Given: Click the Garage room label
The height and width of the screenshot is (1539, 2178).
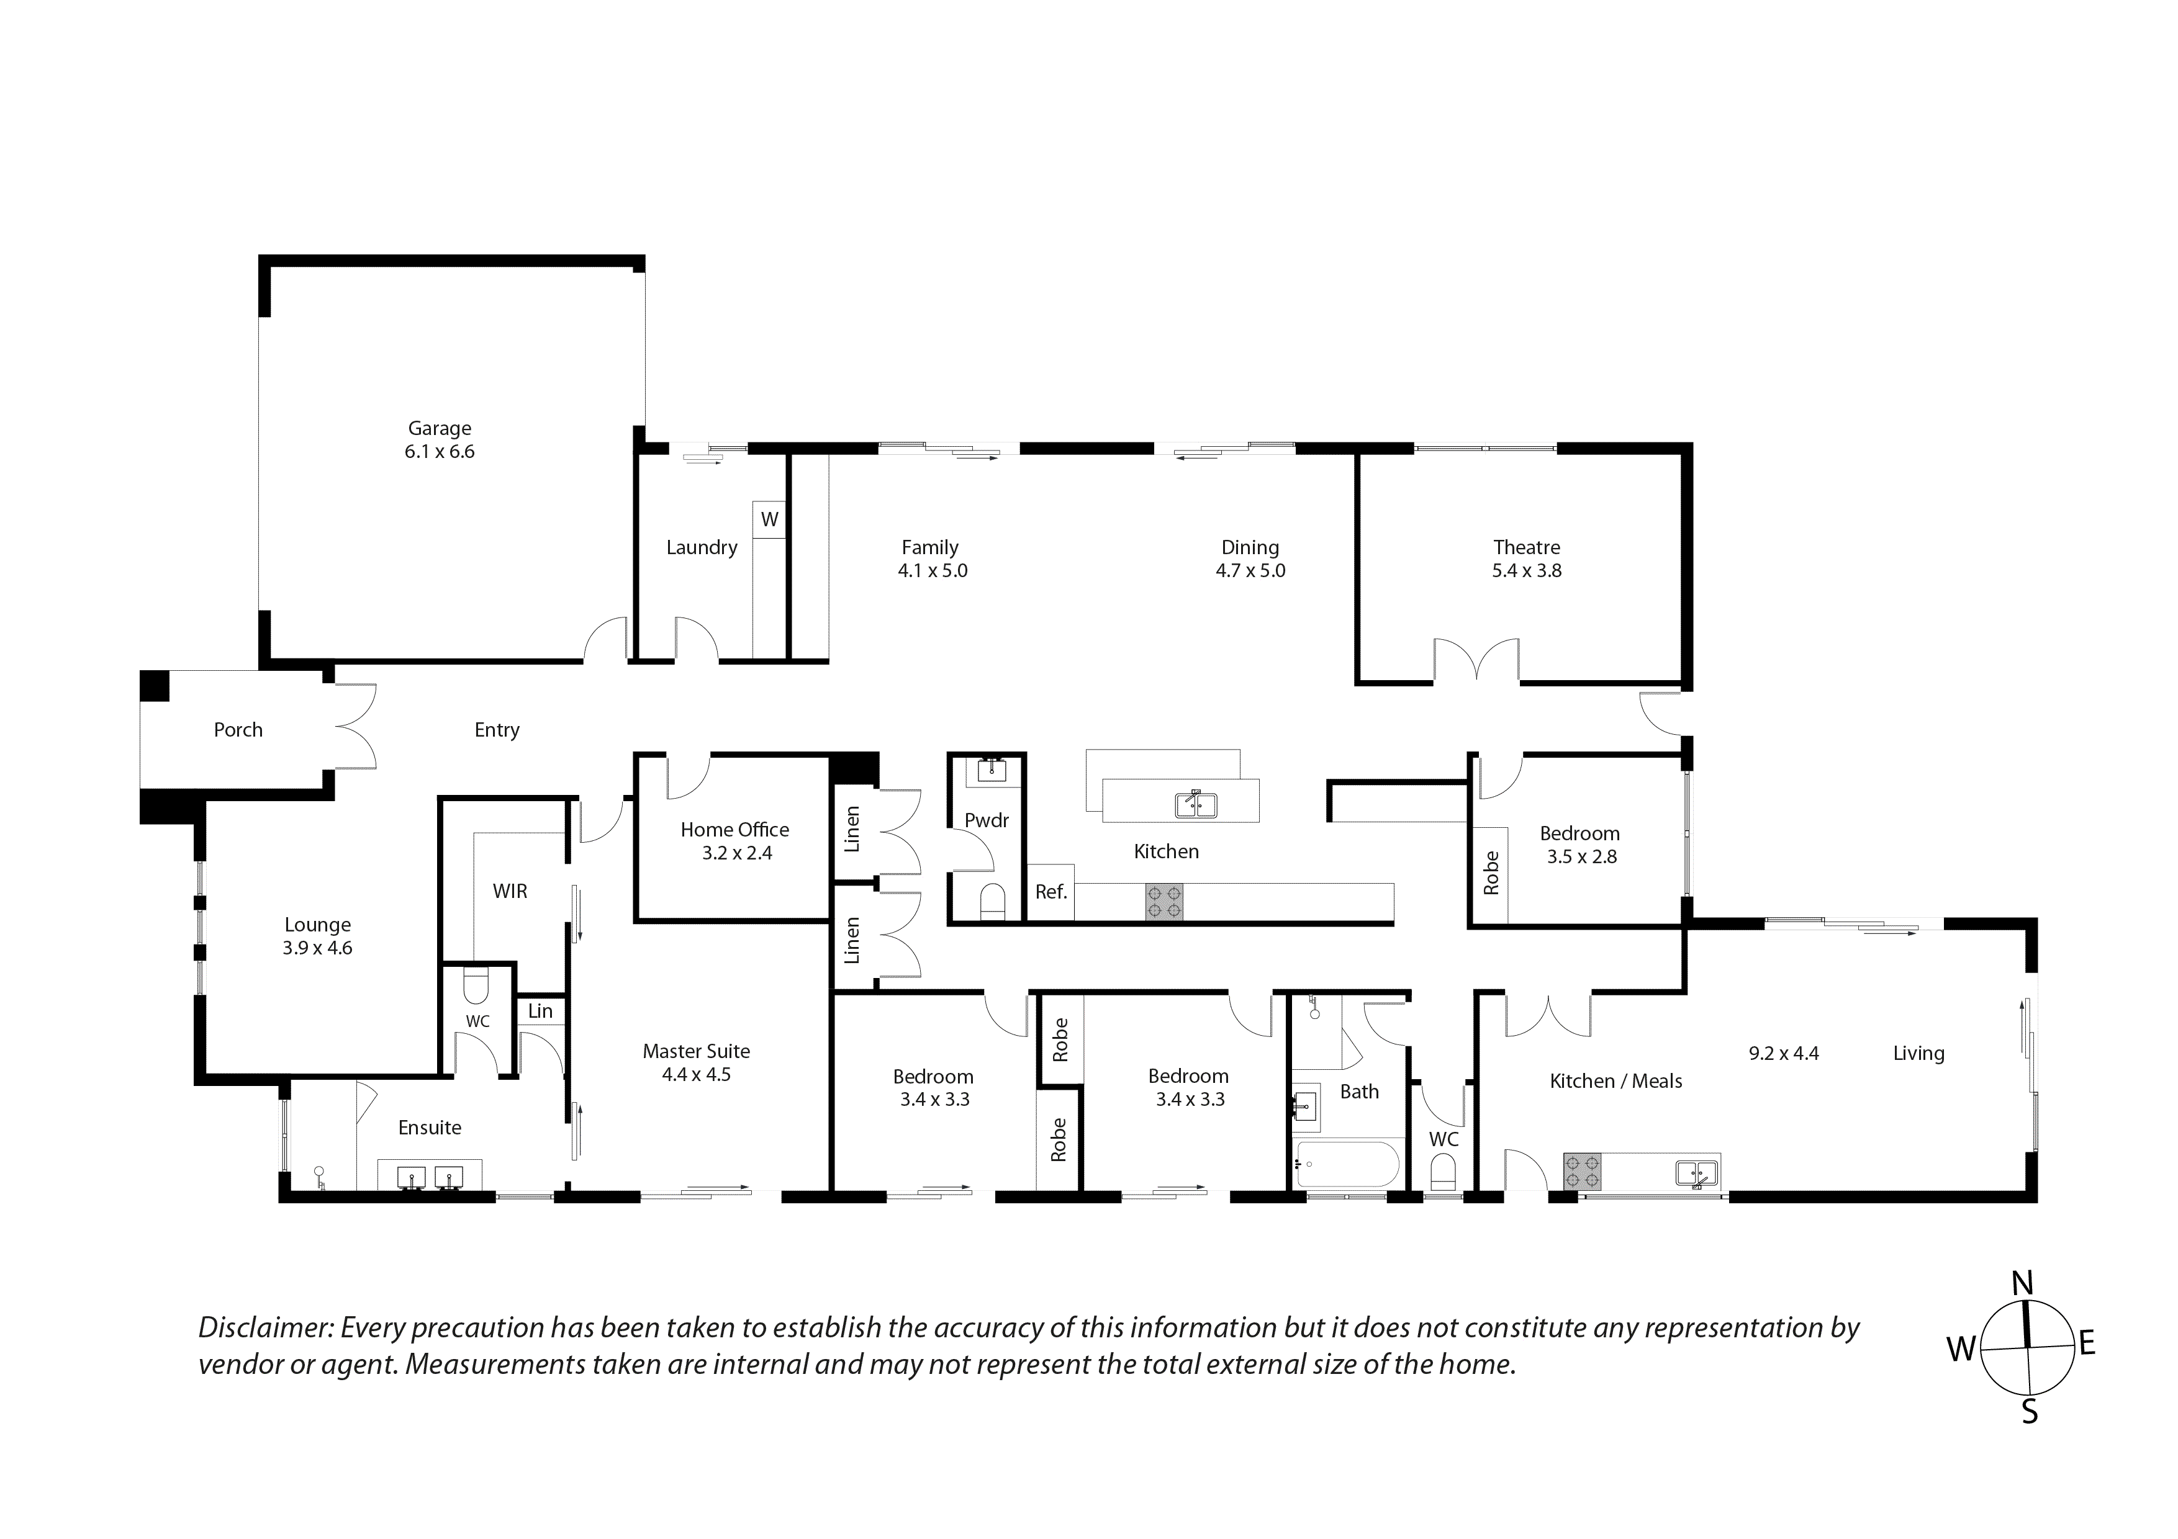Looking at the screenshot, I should pyautogui.click(x=439, y=429).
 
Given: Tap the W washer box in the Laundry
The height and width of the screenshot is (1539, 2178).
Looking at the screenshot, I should pyautogui.click(x=769, y=519).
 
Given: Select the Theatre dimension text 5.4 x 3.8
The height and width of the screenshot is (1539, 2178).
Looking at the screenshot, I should pyautogui.click(x=1526, y=571).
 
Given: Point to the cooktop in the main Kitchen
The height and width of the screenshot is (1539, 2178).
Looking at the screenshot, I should pyautogui.click(x=1164, y=902).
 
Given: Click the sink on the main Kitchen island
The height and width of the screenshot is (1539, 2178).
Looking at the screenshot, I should pyautogui.click(x=1196, y=805).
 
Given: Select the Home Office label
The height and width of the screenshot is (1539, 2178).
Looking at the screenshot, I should pyautogui.click(x=734, y=830).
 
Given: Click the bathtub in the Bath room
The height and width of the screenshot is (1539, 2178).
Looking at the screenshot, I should pyautogui.click(x=1347, y=1164).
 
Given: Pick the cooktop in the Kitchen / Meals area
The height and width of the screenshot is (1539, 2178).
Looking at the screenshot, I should pyautogui.click(x=1581, y=1171).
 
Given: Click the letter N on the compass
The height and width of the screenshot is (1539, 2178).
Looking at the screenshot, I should pyautogui.click(x=2022, y=1284).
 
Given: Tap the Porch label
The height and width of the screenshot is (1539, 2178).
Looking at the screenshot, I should pyautogui.click(x=238, y=730).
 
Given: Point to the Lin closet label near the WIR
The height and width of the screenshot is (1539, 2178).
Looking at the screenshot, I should pyautogui.click(x=540, y=1011).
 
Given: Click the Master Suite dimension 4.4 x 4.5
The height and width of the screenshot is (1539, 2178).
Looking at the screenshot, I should pyautogui.click(x=696, y=1074).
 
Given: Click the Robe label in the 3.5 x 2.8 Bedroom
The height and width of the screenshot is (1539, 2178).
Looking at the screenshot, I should pyautogui.click(x=1491, y=873).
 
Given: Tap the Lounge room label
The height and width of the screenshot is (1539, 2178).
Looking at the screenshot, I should pyautogui.click(x=318, y=925).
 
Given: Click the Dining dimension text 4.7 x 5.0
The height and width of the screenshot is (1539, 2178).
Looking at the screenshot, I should pyautogui.click(x=1250, y=571).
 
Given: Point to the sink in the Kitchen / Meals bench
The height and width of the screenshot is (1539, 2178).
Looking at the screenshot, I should pyautogui.click(x=1697, y=1173).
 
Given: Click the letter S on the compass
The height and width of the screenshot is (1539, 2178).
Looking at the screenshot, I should pyautogui.click(x=2029, y=1413).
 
